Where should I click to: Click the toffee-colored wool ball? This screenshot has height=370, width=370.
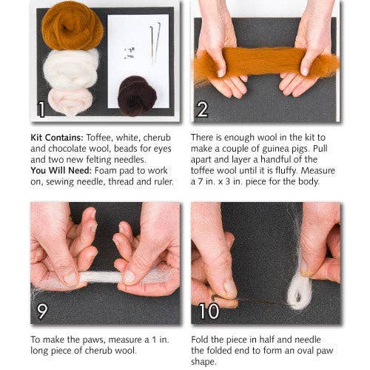coord(72,26)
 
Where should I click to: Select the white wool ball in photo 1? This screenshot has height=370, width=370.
coord(70,68)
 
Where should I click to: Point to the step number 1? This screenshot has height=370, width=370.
coord(41,110)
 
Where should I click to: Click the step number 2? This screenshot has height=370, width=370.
coord(202,110)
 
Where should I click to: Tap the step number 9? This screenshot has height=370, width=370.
coord(43,312)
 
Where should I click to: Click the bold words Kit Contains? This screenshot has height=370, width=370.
coord(58,138)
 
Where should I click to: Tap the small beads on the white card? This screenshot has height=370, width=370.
coord(129,53)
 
